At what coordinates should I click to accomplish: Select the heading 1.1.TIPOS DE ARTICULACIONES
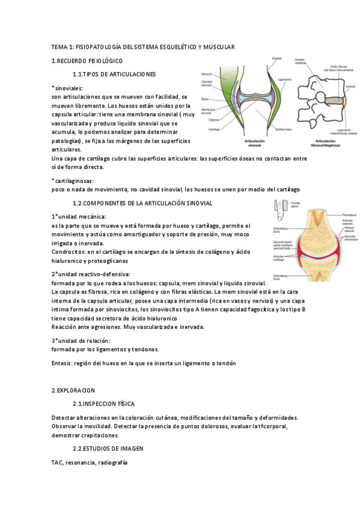point(114,75)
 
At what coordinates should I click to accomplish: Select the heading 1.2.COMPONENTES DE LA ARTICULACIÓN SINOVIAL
point(142,203)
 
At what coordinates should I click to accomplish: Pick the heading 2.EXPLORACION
point(73,390)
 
